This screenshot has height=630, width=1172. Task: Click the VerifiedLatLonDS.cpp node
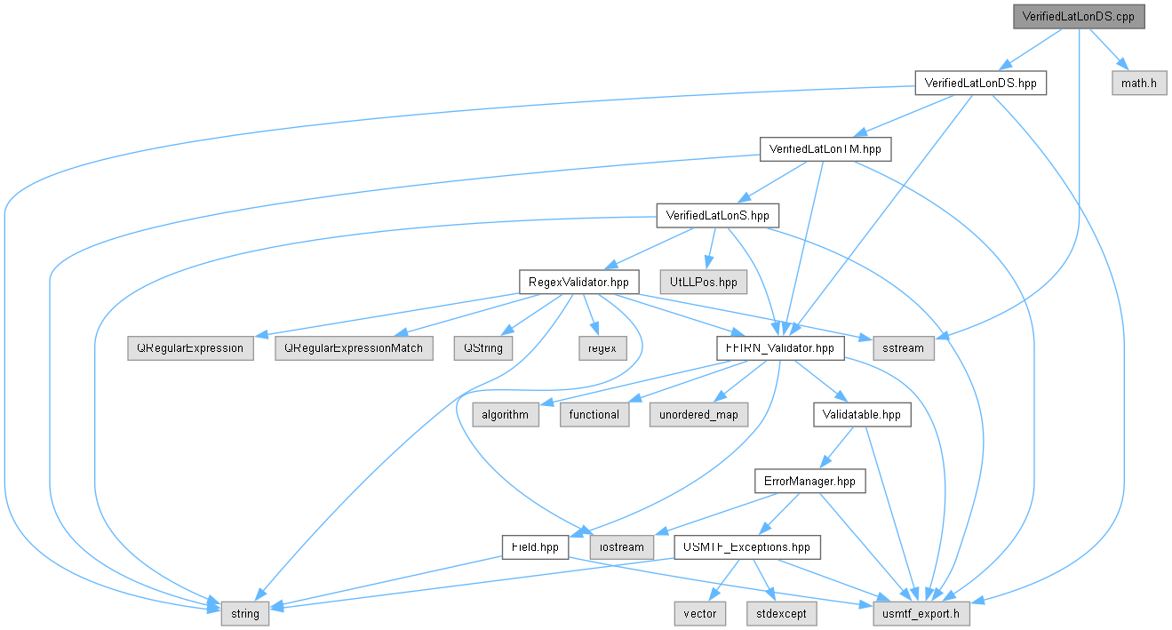(1079, 17)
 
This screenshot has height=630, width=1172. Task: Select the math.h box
(1139, 84)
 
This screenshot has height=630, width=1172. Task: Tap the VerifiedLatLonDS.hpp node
(980, 84)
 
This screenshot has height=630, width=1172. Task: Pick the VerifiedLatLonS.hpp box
(717, 216)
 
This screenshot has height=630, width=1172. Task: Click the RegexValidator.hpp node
(578, 282)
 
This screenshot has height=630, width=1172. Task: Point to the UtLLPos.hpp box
(703, 282)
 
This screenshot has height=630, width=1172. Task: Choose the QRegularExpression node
(190, 348)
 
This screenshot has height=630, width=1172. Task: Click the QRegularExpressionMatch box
(354, 348)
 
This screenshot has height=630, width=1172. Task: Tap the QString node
(482, 348)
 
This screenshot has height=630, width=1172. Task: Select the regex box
(602, 348)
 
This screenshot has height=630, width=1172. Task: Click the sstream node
(903, 348)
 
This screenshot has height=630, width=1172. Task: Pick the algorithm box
(506, 415)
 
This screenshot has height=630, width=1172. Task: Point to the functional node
(594, 415)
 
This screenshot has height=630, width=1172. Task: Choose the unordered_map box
(698, 415)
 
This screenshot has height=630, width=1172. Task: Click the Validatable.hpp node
(862, 415)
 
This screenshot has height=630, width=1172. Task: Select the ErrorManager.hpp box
(810, 481)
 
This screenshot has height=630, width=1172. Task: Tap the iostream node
(622, 547)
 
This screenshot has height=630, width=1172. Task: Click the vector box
(700, 614)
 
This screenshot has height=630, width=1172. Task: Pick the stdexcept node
(781, 614)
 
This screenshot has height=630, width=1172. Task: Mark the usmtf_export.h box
(921, 614)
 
